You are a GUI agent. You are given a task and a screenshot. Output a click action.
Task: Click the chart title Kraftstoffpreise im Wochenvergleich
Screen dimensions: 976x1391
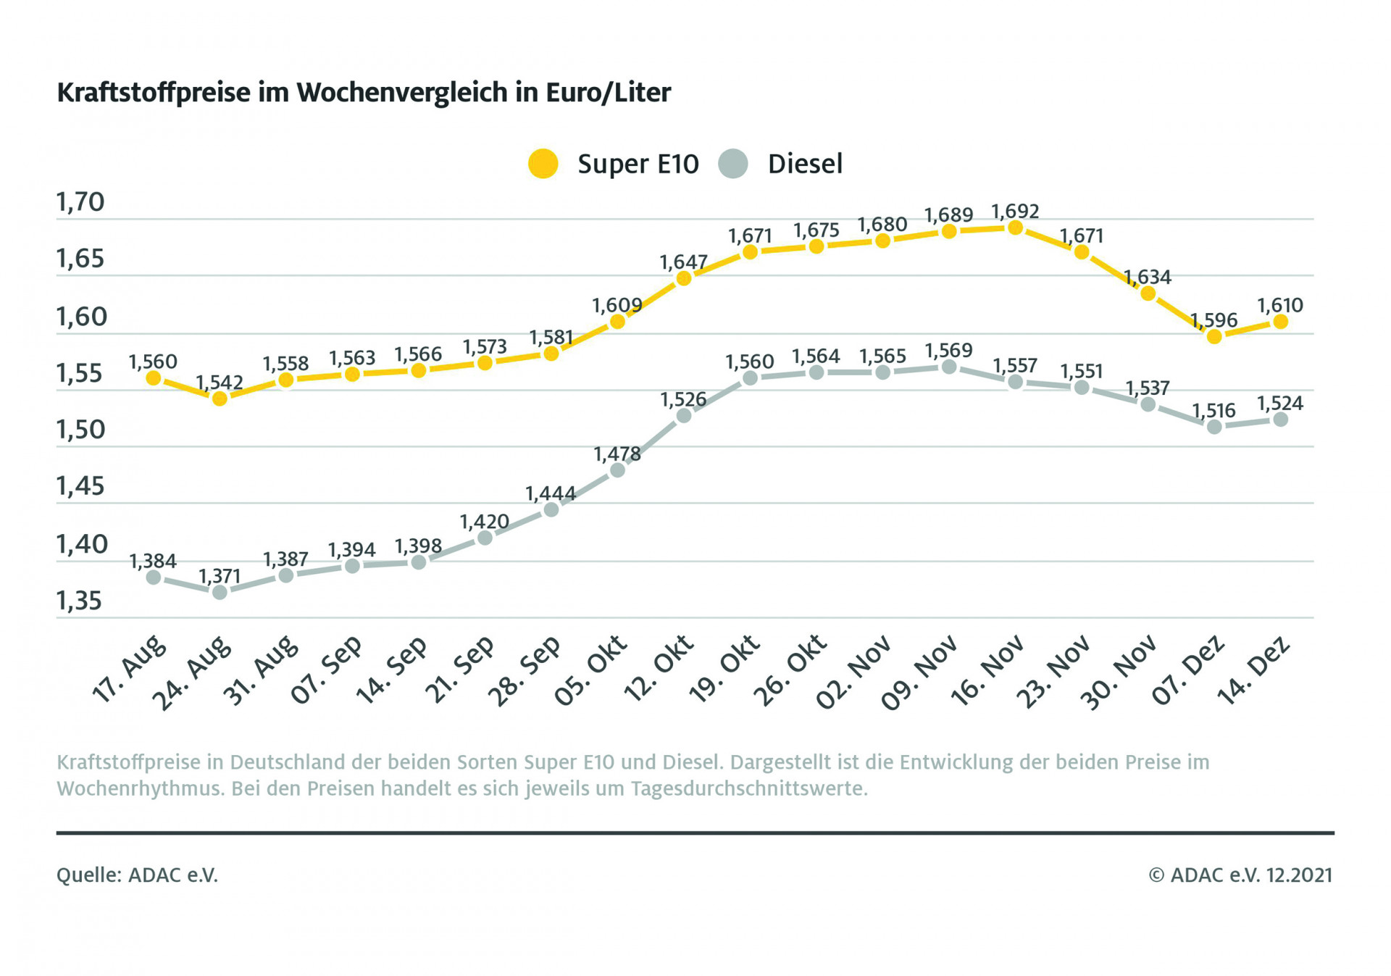coord(364,93)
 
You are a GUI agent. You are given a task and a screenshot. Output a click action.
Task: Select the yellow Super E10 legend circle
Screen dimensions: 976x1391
coord(543,164)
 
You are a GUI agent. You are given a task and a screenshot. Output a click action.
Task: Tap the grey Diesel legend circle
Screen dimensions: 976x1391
coord(733,164)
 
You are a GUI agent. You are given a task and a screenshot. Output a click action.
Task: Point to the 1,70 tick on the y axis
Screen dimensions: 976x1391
coord(80,202)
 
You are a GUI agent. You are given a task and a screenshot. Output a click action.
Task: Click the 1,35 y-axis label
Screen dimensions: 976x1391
coord(80,601)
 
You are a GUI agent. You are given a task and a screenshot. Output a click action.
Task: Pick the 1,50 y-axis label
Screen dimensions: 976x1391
coord(80,430)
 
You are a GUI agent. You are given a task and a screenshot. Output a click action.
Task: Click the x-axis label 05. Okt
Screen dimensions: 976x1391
coord(590,670)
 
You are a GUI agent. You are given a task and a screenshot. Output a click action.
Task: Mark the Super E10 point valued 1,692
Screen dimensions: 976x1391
coord(1016,228)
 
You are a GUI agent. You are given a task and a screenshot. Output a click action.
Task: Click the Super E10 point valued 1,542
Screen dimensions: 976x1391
coord(220,399)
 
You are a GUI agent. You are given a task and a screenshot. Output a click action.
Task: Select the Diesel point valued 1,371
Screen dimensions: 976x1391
coord(220,593)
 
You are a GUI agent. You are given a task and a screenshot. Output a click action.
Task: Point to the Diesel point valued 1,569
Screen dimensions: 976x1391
coord(949,367)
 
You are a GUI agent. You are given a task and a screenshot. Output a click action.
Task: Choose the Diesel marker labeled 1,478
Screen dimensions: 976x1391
coord(617,470)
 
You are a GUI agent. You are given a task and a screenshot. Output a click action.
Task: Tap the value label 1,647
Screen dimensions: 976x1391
coord(683,262)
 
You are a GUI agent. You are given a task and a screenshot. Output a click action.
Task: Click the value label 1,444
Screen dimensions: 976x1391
coord(551,494)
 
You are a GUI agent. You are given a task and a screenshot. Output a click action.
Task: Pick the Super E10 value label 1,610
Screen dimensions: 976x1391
coord(1280,306)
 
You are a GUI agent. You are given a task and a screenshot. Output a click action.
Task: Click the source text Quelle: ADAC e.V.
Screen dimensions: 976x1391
coord(137,875)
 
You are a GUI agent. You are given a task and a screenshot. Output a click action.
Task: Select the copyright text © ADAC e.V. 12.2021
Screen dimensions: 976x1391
coord(1240,875)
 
